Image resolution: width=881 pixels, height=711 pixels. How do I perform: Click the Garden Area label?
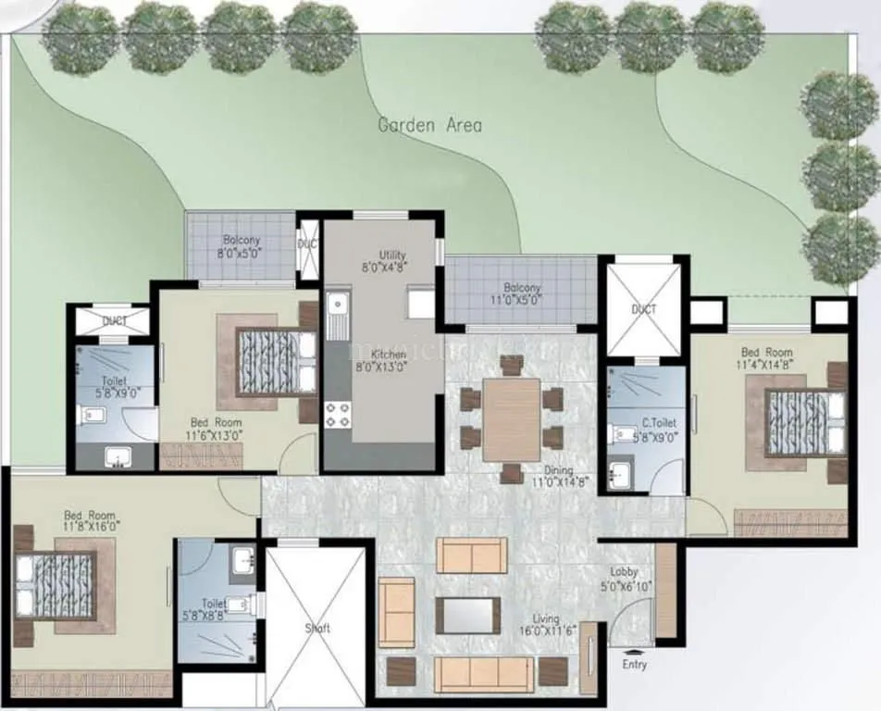click(x=429, y=125)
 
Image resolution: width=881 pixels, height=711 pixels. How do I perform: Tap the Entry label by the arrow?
click(x=635, y=664)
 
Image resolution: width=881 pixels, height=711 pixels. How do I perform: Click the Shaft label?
click(x=317, y=628)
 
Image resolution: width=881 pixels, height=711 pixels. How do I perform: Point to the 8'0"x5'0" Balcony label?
click(x=241, y=246)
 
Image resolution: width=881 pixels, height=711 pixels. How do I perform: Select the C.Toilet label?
click(x=659, y=429)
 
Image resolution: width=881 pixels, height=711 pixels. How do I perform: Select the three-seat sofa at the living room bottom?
click(x=483, y=673)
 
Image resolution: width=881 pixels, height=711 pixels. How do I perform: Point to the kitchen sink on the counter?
click(x=337, y=304)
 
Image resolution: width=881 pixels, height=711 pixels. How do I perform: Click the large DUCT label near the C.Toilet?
click(x=644, y=308)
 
